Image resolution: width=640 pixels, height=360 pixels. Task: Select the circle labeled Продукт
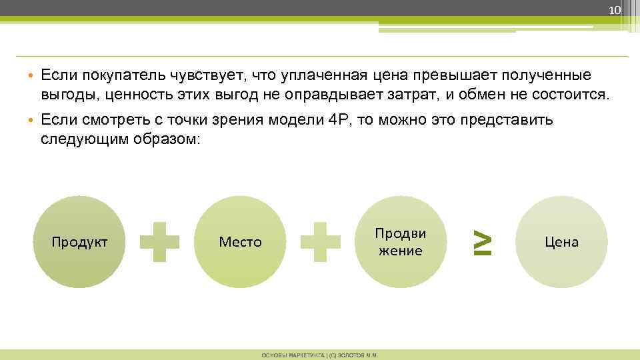[79, 241]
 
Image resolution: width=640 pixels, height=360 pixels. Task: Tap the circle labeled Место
[240, 241]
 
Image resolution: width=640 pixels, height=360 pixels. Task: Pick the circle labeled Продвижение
[401, 241]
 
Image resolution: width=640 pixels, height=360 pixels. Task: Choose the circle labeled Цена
[561, 241]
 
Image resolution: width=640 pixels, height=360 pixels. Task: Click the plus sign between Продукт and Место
[160, 241]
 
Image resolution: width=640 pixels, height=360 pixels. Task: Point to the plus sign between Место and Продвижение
[321, 241]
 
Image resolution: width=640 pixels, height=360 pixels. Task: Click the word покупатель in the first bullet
[110, 75]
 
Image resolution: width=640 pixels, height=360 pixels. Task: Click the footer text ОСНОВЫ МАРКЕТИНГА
[289, 355]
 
